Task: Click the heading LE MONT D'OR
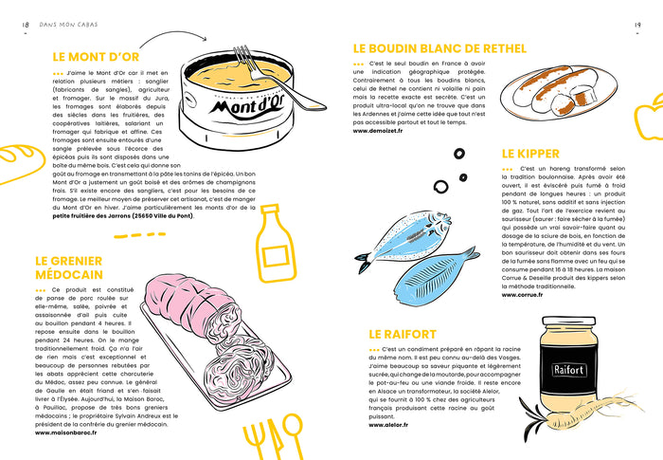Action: click(96, 56)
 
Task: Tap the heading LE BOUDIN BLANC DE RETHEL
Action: click(434, 48)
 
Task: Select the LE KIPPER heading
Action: click(530, 154)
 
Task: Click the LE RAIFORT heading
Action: click(403, 334)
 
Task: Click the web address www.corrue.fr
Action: click(522, 294)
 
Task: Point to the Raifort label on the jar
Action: click(569, 370)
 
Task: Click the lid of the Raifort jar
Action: click(568, 331)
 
